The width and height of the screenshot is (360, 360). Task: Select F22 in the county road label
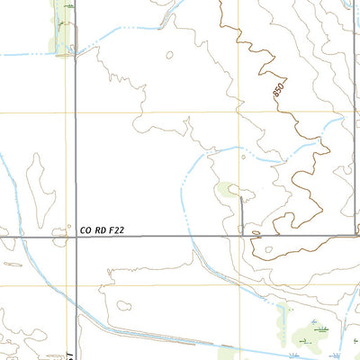pyautogui.click(x=114, y=230)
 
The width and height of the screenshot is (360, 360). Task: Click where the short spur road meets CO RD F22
pyautogui.click(x=241, y=237)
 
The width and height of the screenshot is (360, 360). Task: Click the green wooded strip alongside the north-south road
pyautogui.click(x=61, y=27)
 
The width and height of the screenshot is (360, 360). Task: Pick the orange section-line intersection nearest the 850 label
pyautogui.click(x=239, y=112)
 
